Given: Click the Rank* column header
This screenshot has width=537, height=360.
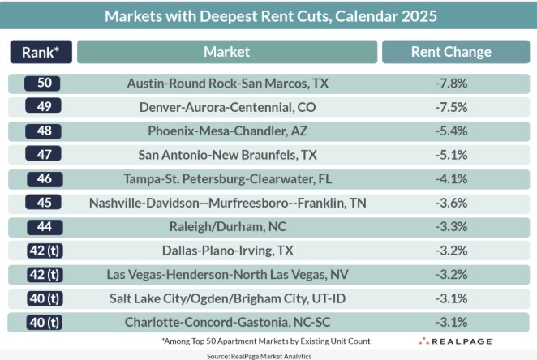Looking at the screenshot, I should pyautogui.click(x=41, y=52).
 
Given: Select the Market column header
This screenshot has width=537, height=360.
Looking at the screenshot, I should pyautogui.click(x=226, y=52).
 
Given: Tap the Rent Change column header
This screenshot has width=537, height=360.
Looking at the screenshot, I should pyautogui.click(x=451, y=52).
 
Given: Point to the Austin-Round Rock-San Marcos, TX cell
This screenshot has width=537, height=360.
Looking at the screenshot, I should pyautogui.click(x=226, y=84).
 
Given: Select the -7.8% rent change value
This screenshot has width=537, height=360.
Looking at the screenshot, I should pyautogui.click(x=451, y=84).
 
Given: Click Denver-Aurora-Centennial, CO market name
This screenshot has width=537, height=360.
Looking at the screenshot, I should pyautogui.click(x=226, y=107).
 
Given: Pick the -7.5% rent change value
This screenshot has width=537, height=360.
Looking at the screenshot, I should pyautogui.click(x=451, y=107).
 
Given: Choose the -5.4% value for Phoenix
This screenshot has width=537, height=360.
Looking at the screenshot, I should pyautogui.click(x=451, y=131).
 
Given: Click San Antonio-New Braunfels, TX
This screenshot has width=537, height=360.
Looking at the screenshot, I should pyautogui.click(x=226, y=154).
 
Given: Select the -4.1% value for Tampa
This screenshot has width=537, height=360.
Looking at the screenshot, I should pyautogui.click(x=451, y=178).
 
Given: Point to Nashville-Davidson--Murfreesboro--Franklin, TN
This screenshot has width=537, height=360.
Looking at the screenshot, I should pyautogui.click(x=226, y=203).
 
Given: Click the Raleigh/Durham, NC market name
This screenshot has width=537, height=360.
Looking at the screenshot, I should pyautogui.click(x=226, y=226).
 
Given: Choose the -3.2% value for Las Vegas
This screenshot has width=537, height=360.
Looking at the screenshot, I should pyautogui.click(x=451, y=274).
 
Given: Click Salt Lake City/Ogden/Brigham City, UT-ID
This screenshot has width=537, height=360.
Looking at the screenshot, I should pyautogui.click(x=226, y=298).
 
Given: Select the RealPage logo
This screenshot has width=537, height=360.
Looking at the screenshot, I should pyautogui.click(x=455, y=341).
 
